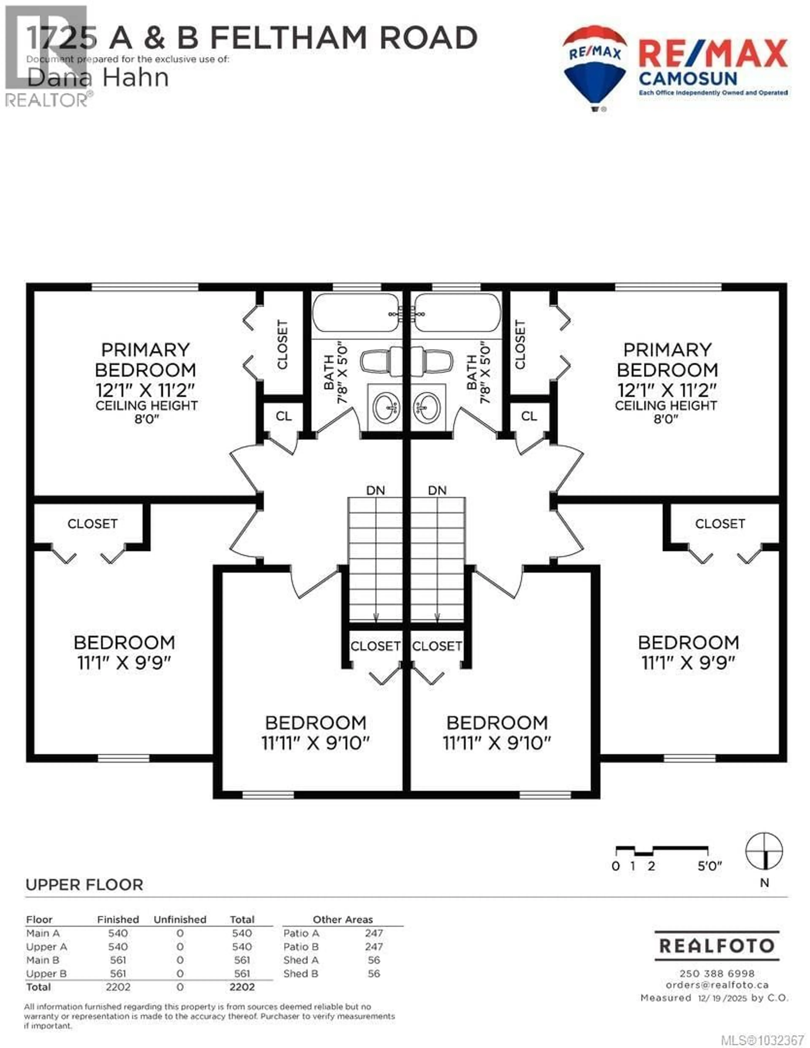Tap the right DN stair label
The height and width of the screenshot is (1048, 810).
tap(437, 490)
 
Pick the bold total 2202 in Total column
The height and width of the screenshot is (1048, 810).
tap(242, 987)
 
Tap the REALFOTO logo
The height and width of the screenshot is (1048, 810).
tap(717, 946)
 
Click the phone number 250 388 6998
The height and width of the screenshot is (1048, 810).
tap(717, 974)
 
